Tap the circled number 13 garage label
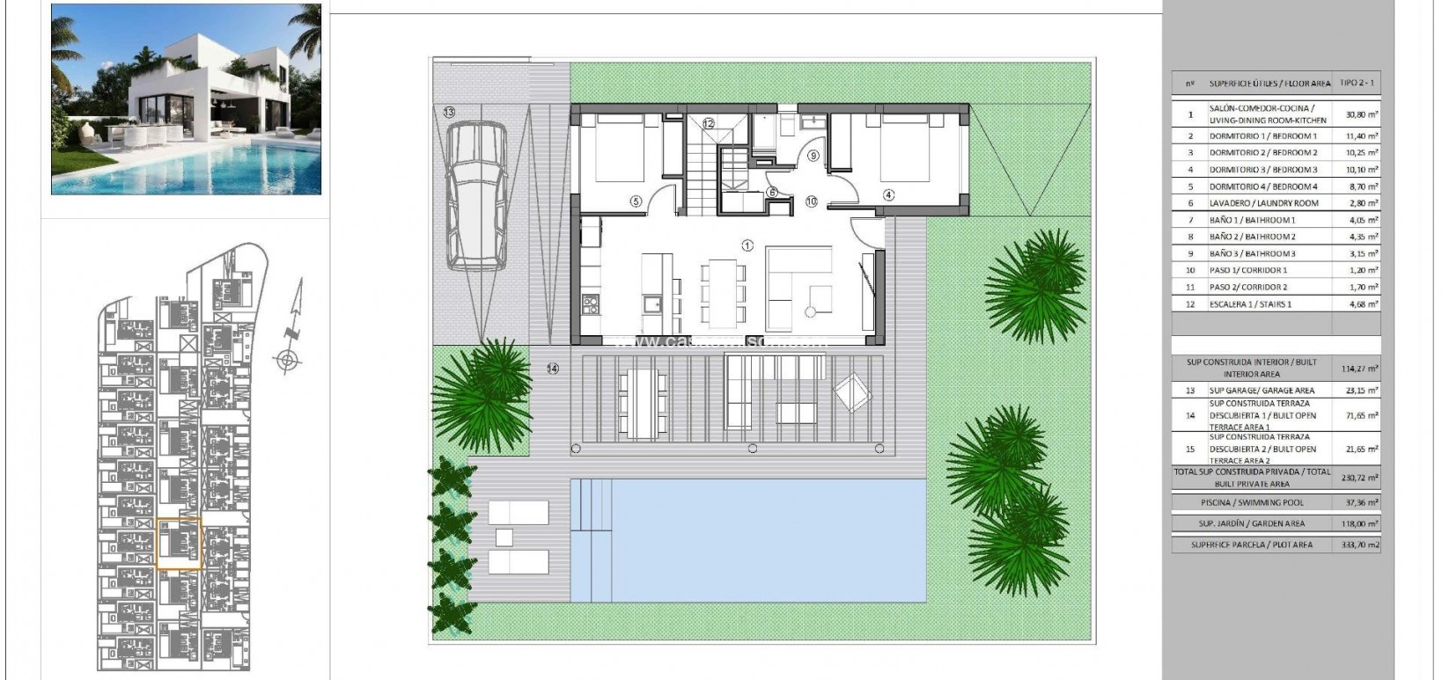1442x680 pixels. [x=449, y=113]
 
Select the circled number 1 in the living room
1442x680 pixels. [x=747, y=245]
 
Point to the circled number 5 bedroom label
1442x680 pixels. [x=636, y=201]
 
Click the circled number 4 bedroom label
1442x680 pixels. [x=888, y=195]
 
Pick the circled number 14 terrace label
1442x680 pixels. [x=552, y=369]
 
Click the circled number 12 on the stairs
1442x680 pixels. [x=708, y=124]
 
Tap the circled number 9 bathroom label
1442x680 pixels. [x=813, y=156]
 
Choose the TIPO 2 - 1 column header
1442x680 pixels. [x=1357, y=83]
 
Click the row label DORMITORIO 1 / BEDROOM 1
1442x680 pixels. [x=1262, y=136]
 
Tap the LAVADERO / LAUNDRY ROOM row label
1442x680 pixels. [x=1263, y=203]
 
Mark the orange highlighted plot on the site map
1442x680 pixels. [x=179, y=545]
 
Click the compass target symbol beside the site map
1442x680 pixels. [x=286, y=360]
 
